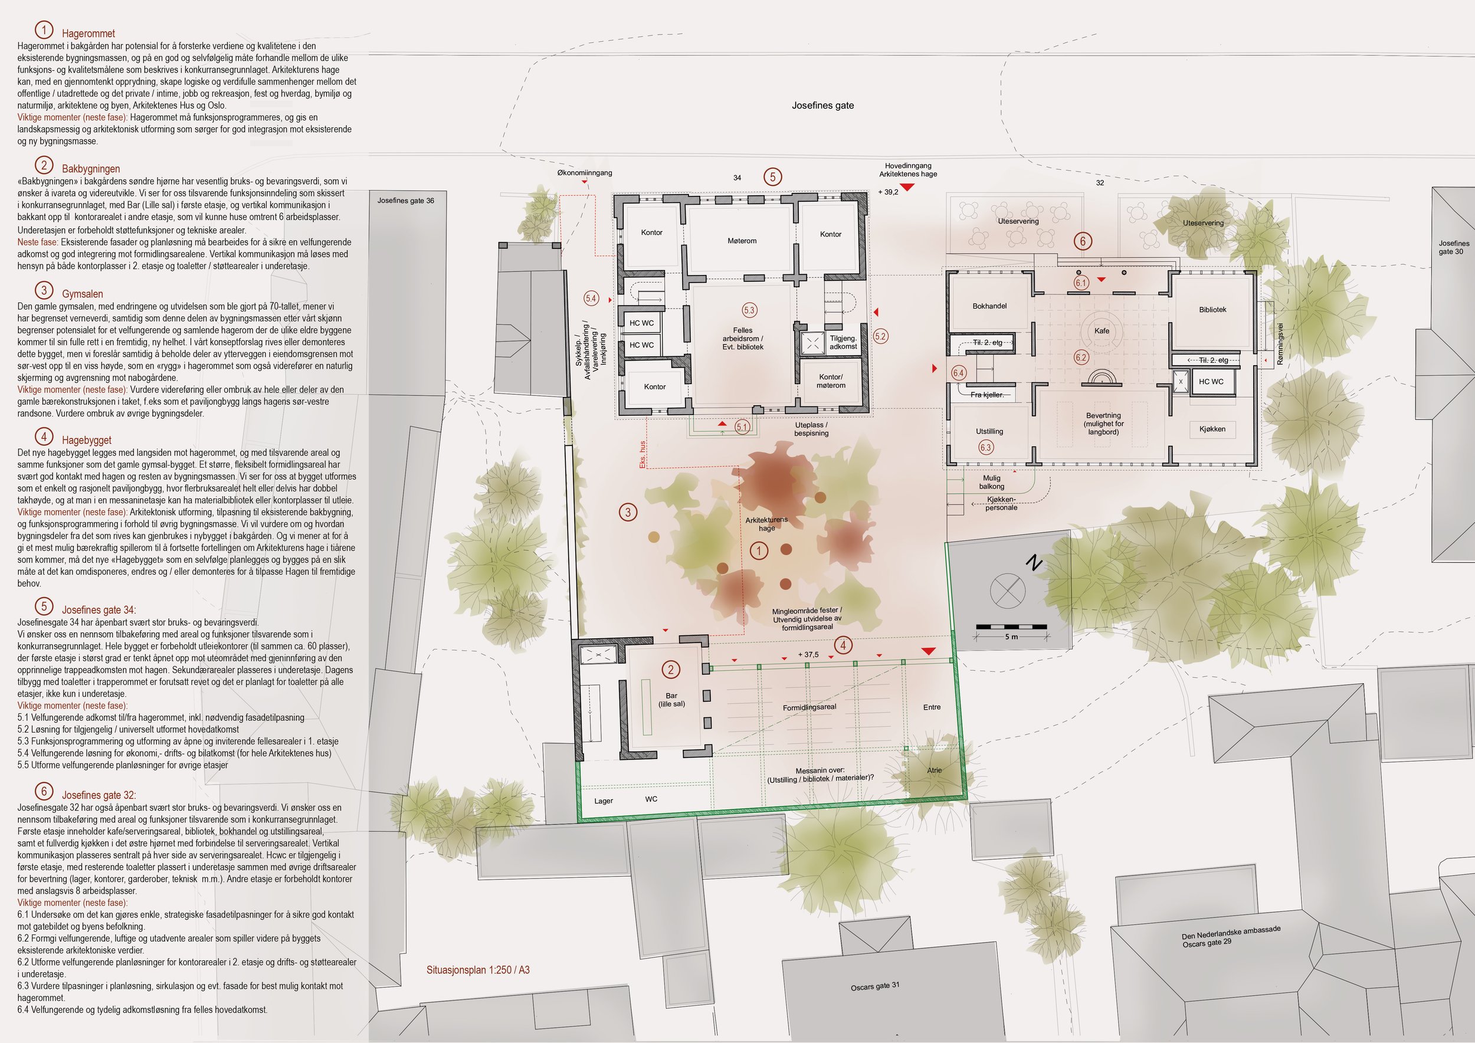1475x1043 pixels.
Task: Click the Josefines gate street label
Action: (x=822, y=106)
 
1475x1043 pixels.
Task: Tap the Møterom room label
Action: (x=742, y=241)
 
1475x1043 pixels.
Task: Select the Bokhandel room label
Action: (x=989, y=306)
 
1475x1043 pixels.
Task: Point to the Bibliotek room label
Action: (x=1212, y=310)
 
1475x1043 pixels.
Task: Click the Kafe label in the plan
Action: (x=1102, y=331)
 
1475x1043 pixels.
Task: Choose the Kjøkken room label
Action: (x=1212, y=429)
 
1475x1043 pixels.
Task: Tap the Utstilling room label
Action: (x=989, y=432)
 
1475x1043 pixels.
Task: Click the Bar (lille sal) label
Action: (x=671, y=700)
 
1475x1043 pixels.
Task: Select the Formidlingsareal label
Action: (x=809, y=707)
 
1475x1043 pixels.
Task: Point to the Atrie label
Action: (x=934, y=770)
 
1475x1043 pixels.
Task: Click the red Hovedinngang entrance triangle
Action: (x=907, y=187)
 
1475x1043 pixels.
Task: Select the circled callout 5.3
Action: (x=749, y=310)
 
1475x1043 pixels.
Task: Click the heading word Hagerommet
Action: (x=88, y=34)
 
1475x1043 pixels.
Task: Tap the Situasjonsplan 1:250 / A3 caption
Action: (x=478, y=970)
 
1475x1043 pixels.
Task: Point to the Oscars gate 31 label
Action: (x=875, y=986)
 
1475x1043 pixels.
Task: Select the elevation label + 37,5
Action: (x=808, y=654)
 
